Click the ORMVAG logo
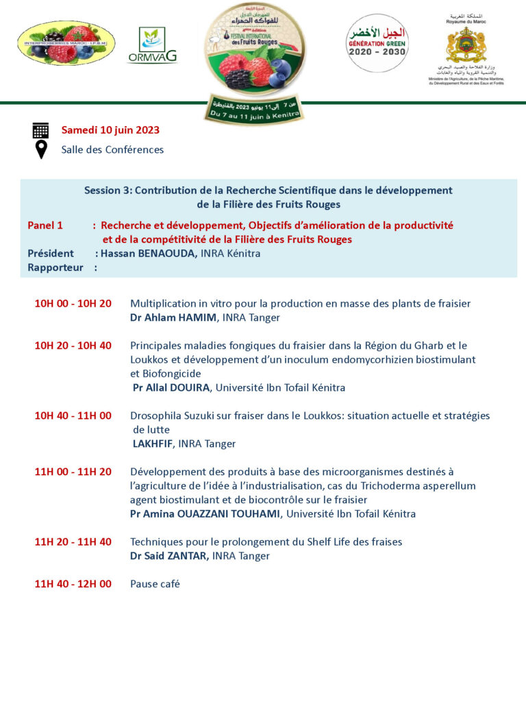pos(152,45)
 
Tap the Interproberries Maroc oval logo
pos(66,43)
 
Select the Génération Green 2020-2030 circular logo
pos(377,43)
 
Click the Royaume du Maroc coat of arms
pos(466,44)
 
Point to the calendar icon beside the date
pos(40,130)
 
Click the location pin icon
pos(40,149)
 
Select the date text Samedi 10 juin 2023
pos(110,130)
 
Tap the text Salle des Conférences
pos(112,149)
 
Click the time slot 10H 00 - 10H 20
pos(73,303)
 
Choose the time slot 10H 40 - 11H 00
pos(73,416)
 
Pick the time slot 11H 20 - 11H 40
pos(73,541)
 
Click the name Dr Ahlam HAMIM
pos(175,318)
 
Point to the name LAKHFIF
pos(153,444)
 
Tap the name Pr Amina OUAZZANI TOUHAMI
pos(205,513)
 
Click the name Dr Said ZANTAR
pos(170,556)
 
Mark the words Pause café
pos(155,584)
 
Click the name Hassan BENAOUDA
pos(149,253)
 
